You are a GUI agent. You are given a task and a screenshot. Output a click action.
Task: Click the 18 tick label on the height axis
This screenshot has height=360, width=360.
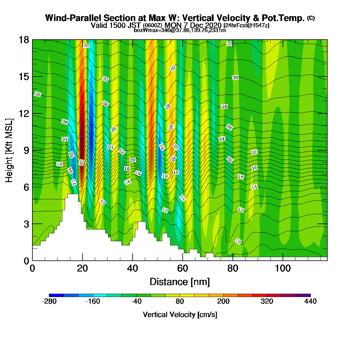[24, 40]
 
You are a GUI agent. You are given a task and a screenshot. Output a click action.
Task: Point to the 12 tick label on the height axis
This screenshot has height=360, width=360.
[24, 113]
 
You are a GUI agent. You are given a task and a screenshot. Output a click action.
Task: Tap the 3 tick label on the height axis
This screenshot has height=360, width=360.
[26, 224]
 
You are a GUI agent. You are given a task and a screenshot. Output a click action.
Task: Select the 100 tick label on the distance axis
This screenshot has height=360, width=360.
[283, 268]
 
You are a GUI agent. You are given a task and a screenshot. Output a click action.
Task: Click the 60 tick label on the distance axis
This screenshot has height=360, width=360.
[182, 268]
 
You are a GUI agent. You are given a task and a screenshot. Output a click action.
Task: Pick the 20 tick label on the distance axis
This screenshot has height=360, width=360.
[82, 268]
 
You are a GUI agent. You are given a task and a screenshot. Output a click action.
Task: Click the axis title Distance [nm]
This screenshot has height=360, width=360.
[180, 282]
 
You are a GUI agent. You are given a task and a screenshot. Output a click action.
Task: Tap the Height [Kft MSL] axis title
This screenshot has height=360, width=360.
[9, 150]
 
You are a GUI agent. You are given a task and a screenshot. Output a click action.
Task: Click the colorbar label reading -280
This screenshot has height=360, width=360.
[49, 301]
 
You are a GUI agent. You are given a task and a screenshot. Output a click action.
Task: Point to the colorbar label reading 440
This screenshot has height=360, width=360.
[310, 301]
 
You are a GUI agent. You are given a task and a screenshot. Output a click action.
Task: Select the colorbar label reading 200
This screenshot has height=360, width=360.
[223, 301]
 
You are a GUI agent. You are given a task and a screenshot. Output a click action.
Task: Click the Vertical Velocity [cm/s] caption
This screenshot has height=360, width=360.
[180, 315]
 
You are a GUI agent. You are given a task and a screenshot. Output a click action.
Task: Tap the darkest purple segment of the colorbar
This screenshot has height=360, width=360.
[303, 295]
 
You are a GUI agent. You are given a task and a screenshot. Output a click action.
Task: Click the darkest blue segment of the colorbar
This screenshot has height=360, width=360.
[56, 295]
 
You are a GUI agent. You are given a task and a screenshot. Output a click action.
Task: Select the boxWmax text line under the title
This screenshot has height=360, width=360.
[180, 30]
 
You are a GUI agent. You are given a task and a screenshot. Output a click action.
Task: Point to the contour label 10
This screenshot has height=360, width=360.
[238, 241]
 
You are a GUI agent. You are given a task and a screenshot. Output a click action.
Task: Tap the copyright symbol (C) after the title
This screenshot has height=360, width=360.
[311, 18]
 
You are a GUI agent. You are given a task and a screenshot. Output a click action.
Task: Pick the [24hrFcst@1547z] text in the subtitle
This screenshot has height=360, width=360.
[246, 25]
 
